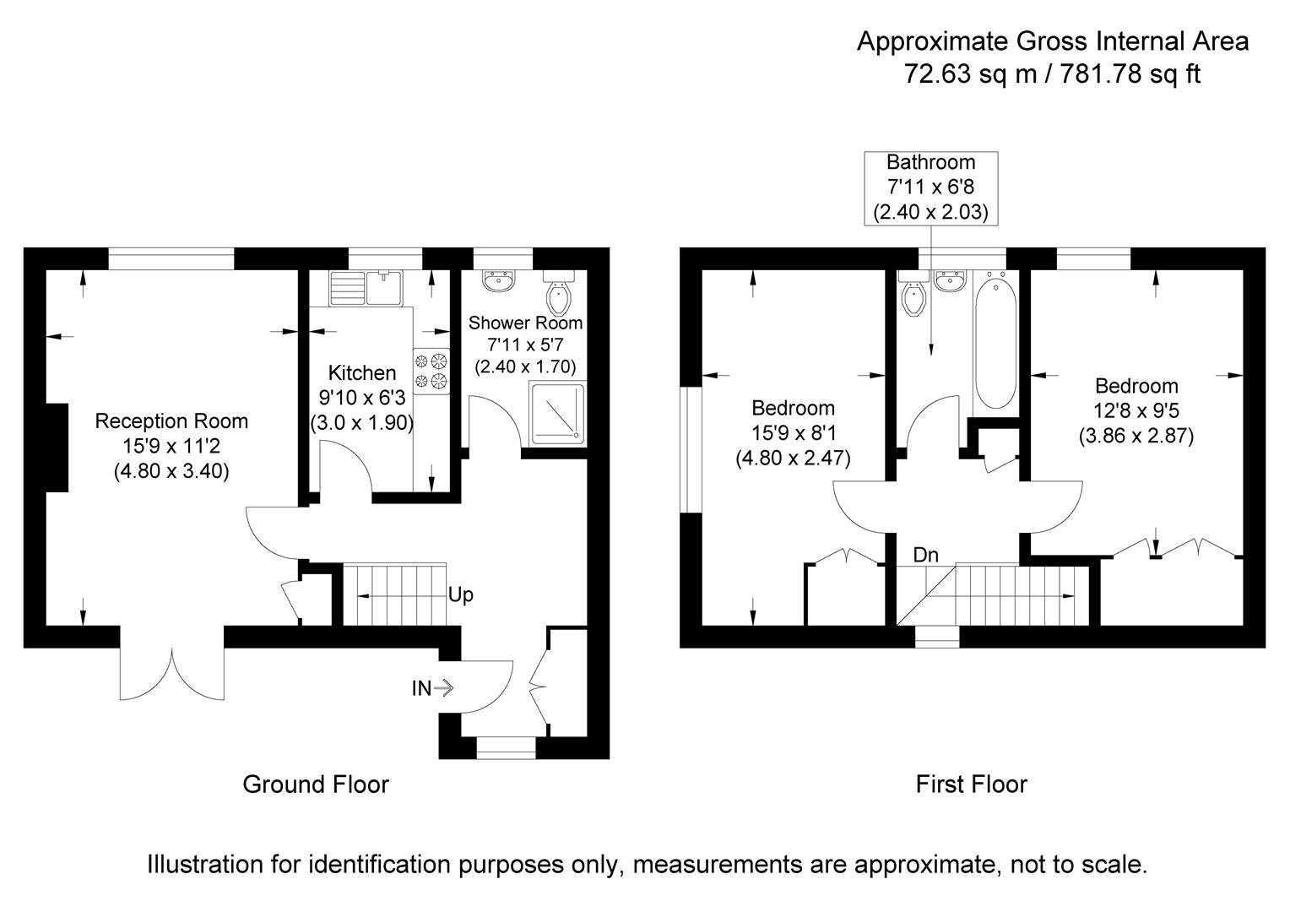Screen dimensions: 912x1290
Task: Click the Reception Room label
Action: tap(171, 421)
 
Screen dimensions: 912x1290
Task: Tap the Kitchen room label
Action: tap(361, 372)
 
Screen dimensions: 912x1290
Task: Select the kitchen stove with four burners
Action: tap(432, 372)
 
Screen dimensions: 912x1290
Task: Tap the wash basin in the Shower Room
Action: tap(500, 280)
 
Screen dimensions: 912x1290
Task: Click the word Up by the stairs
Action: tap(461, 594)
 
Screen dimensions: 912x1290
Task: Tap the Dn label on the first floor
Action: tap(925, 555)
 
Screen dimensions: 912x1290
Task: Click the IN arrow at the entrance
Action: tap(432, 688)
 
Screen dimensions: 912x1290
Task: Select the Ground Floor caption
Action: tap(316, 784)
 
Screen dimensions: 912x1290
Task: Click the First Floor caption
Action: tap(971, 784)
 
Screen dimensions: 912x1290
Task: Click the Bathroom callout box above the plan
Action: tap(930, 187)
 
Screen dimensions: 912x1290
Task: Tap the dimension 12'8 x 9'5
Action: tap(1136, 411)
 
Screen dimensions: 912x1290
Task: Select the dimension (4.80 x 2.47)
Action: tap(793, 458)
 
